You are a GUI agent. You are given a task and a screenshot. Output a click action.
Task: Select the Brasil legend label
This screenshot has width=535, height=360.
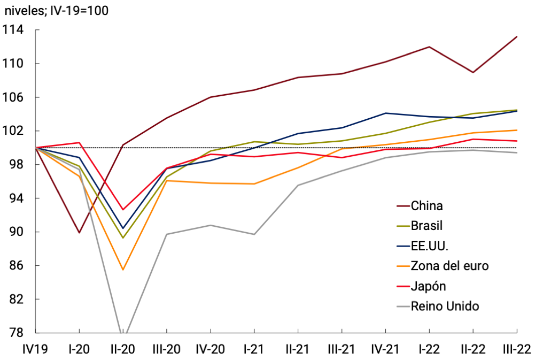pyautogui.click(x=427, y=226)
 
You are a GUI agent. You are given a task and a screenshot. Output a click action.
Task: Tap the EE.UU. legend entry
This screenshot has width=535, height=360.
pyautogui.click(x=429, y=246)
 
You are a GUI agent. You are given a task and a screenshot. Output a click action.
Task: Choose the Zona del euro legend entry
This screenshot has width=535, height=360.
pyautogui.click(x=449, y=266)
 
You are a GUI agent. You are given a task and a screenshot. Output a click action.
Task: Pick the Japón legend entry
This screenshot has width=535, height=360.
pyautogui.click(x=428, y=286)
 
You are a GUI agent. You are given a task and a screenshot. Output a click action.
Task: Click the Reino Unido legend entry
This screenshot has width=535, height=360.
pyautogui.click(x=445, y=306)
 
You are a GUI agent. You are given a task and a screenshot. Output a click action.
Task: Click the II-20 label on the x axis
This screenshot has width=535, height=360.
pyautogui.click(x=123, y=349)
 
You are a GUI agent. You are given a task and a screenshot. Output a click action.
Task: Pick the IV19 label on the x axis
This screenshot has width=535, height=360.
pyautogui.click(x=35, y=349)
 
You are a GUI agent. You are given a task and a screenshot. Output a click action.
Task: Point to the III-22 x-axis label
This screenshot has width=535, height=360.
pyautogui.click(x=516, y=349)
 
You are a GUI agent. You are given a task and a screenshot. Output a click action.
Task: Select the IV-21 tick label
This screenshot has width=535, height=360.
pyautogui.click(x=385, y=349)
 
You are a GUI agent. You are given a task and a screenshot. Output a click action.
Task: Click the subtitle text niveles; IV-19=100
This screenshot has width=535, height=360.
pyautogui.click(x=57, y=10)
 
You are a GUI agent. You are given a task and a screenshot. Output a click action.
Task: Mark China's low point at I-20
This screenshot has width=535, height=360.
pyautogui.click(x=79, y=233)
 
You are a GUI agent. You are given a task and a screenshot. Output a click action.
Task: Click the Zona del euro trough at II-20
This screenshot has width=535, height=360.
pyautogui.click(x=123, y=270)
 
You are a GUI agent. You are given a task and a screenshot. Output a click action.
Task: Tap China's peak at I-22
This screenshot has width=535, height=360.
pyautogui.click(x=429, y=47)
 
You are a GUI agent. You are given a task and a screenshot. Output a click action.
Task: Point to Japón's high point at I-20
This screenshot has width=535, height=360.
pyautogui.click(x=79, y=143)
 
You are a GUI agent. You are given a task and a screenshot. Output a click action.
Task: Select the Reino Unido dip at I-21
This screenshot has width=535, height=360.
pyautogui.click(x=254, y=234)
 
